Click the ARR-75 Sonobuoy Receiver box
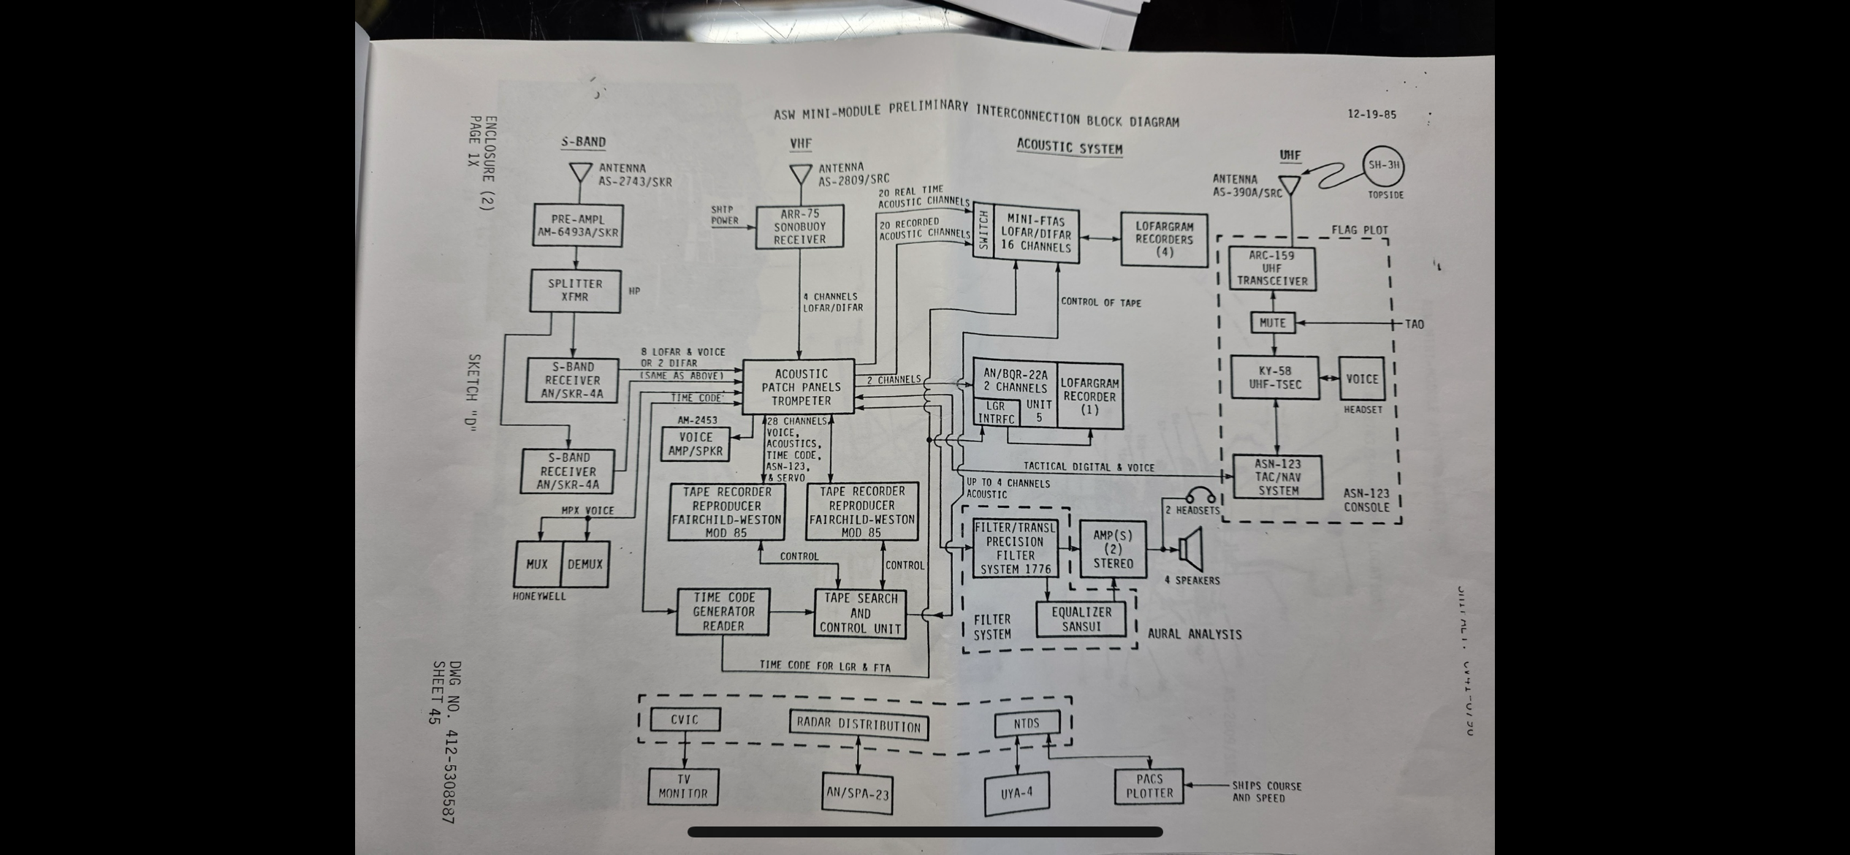(799, 227)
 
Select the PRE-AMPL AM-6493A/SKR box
(577, 226)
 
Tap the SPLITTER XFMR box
(575, 290)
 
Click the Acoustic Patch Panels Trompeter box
(799, 387)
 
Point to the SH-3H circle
(1383, 166)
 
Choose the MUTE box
(1272, 322)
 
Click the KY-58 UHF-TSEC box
(1274, 378)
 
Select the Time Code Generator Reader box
(723, 612)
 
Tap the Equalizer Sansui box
(1081, 619)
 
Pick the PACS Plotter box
(1149, 786)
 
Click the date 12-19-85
(1371, 115)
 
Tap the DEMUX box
(585, 564)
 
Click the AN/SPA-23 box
(857, 793)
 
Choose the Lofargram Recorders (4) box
(1164, 240)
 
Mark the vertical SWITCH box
(983, 230)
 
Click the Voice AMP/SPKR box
(696, 444)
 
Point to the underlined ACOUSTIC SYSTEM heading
(1069, 148)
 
